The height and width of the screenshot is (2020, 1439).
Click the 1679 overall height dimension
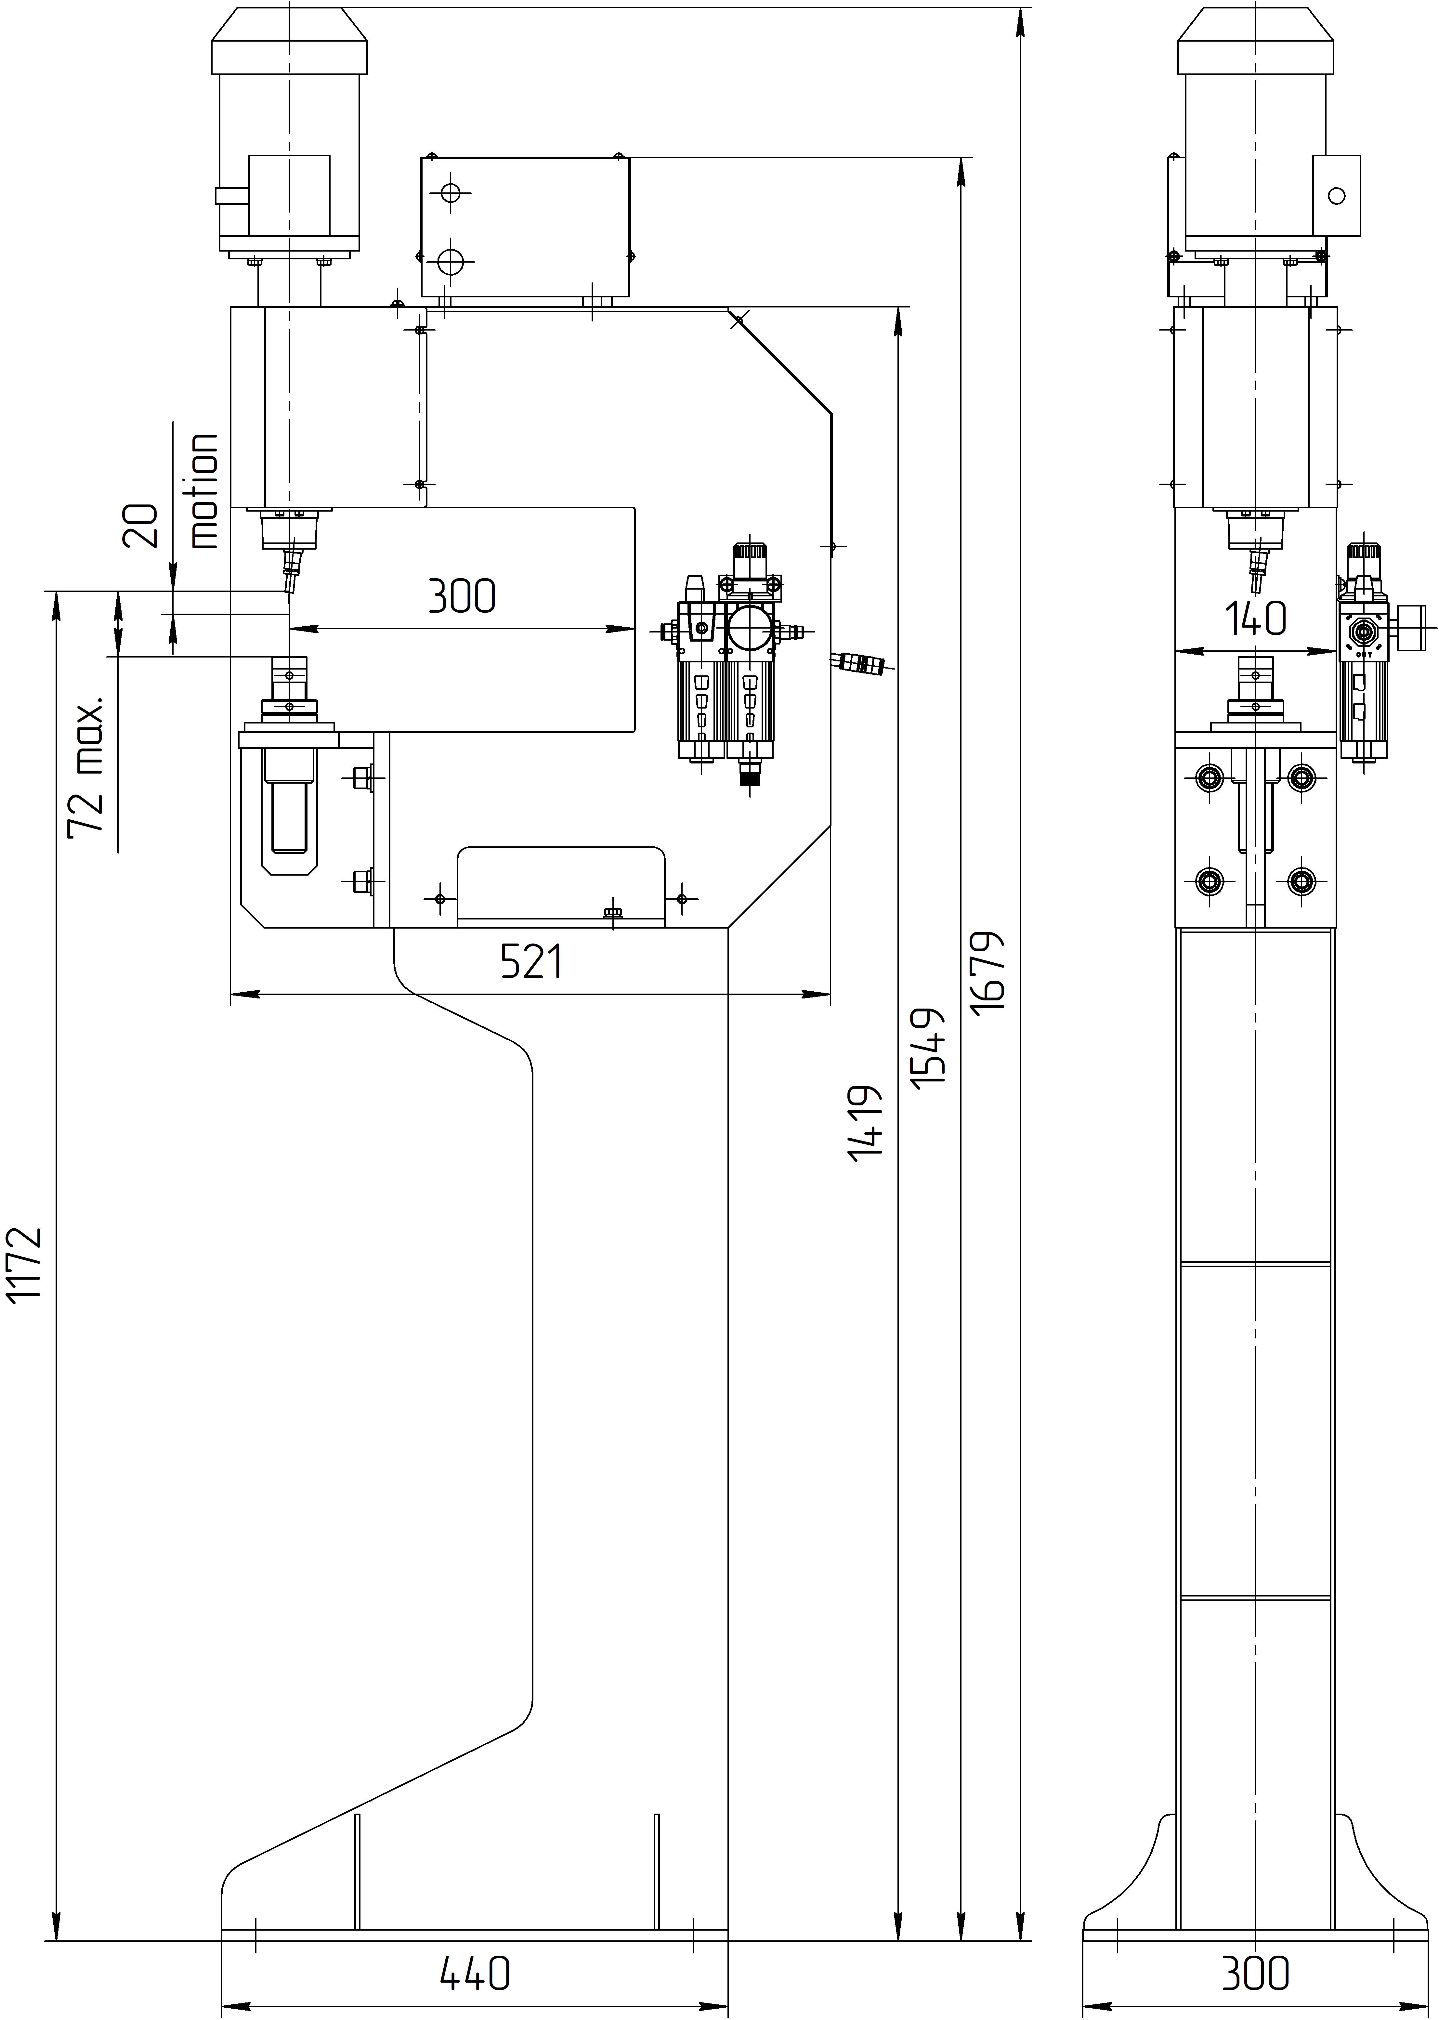pos(988,972)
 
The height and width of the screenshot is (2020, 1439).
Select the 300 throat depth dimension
pos(462,596)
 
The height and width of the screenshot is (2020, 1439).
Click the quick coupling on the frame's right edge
pos(859,663)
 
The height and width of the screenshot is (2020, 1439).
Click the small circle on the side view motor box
pos(1337,196)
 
